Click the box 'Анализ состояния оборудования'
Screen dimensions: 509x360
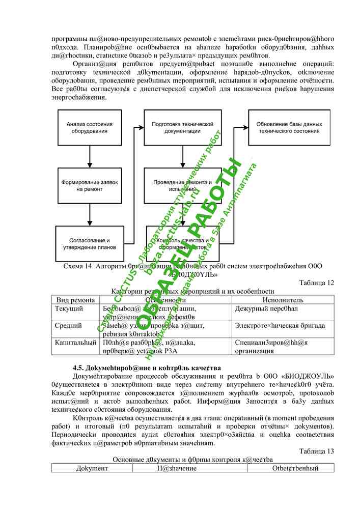coord(90,128)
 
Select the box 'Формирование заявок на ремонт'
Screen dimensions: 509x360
coord(90,185)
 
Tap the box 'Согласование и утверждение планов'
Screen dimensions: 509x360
coord(90,243)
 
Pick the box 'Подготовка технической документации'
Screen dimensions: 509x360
coord(182,128)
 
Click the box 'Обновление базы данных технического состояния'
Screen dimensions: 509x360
coord(289,128)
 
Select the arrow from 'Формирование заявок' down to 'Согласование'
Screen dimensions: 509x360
coord(90,214)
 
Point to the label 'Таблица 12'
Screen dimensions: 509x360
coord(317,283)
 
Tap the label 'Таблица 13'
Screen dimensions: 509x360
coord(317,451)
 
